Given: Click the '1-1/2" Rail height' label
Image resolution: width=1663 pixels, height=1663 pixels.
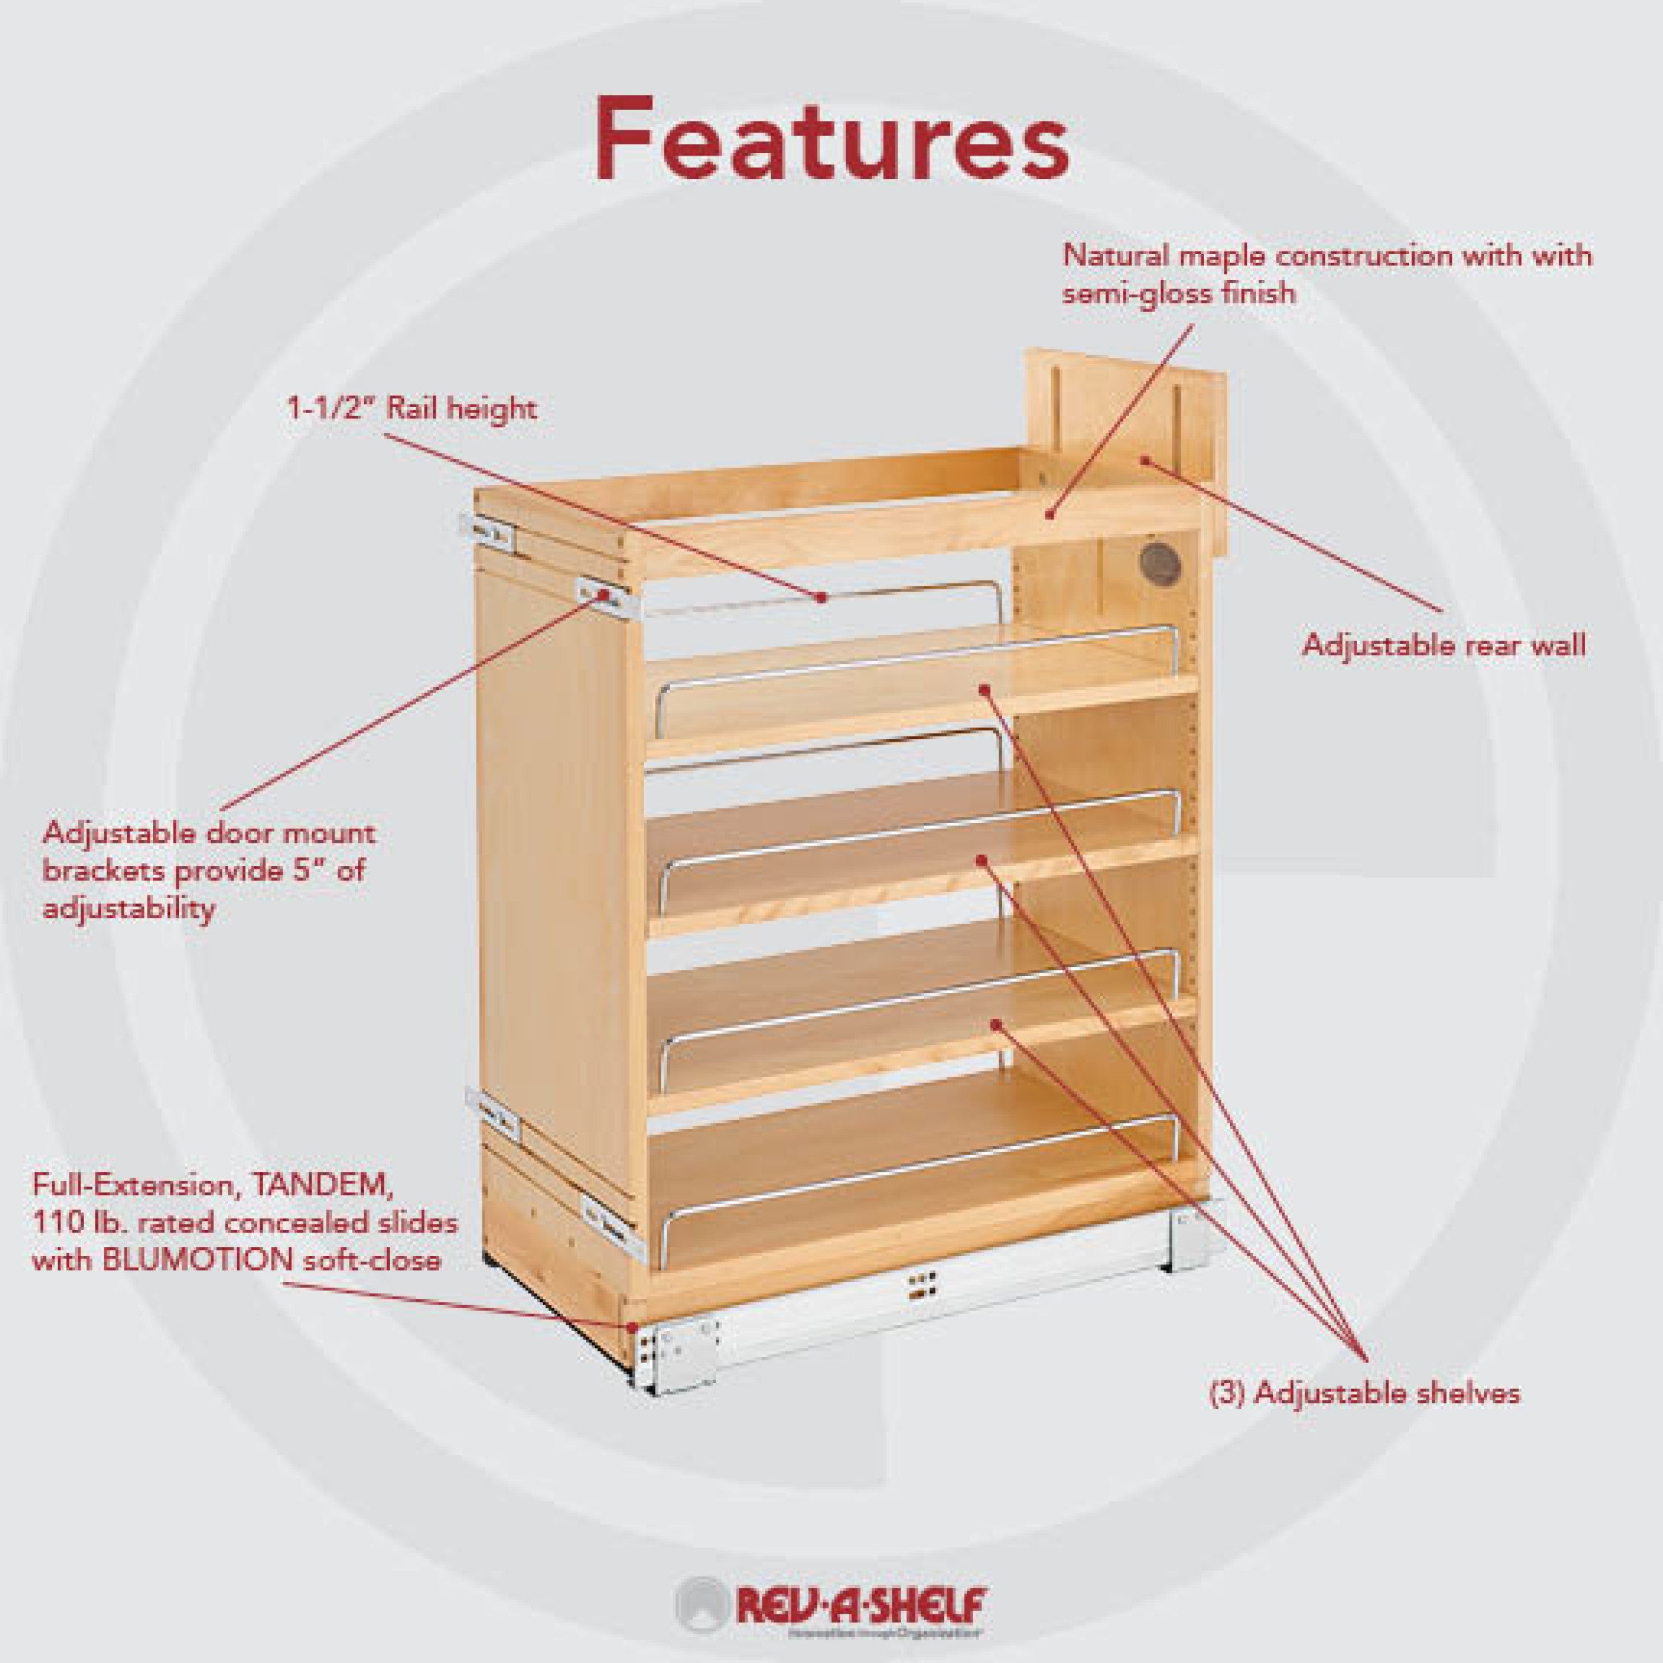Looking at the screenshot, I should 412,408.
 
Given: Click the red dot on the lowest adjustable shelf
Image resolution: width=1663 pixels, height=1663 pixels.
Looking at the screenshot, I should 996,1024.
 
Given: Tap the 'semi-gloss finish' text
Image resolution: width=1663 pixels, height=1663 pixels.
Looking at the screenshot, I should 1178,295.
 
